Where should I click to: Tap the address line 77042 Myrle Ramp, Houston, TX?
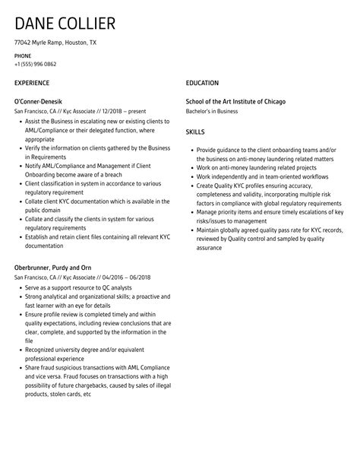click(x=55, y=43)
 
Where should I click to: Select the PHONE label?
click(x=23, y=55)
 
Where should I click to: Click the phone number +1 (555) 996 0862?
click(x=40, y=65)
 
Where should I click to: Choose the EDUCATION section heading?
click(x=202, y=83)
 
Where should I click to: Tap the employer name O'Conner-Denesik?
click(x=39, y=101)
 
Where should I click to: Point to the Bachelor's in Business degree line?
click(x=212, y=111)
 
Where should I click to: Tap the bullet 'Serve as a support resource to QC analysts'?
click(x=78, y=288)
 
